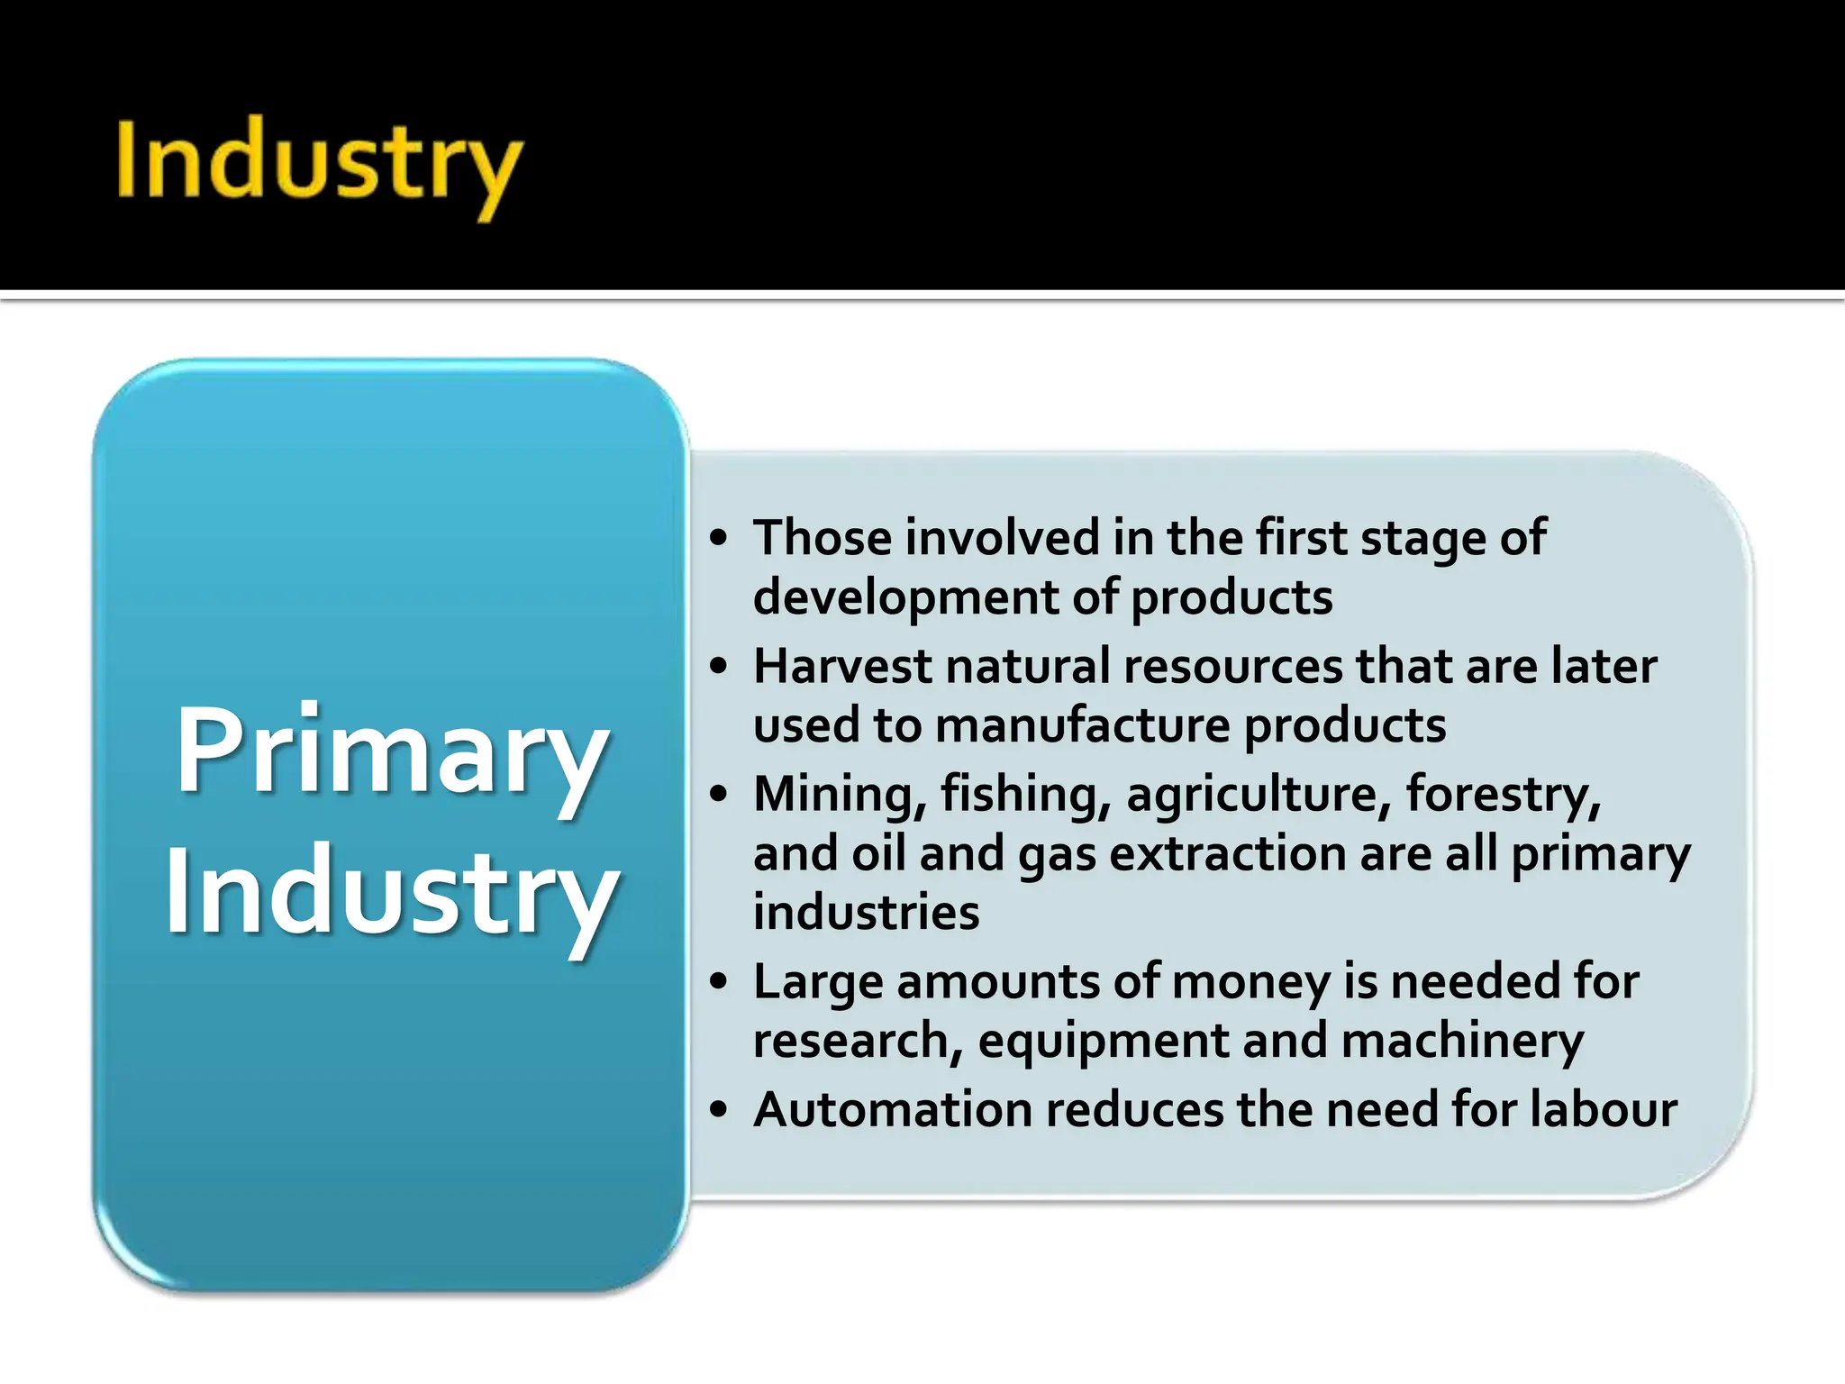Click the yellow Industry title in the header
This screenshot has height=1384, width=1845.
pos(318,162)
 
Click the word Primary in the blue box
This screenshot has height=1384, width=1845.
pos(391,750)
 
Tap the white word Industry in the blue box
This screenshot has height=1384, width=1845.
pos(391,892)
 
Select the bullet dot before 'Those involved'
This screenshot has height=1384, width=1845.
pos(718,539)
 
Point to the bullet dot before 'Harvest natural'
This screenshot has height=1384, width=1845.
pos(718,667)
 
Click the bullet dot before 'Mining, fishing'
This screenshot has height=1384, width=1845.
pos(718,795)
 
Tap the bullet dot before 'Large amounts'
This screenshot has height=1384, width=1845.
pos(718,982)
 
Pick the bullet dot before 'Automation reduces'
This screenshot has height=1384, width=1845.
pos(718,1110)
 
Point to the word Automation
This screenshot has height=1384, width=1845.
pos(893,1110)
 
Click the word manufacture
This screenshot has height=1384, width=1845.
pos(1082,726)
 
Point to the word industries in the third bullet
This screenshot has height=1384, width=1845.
pos(866,914)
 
